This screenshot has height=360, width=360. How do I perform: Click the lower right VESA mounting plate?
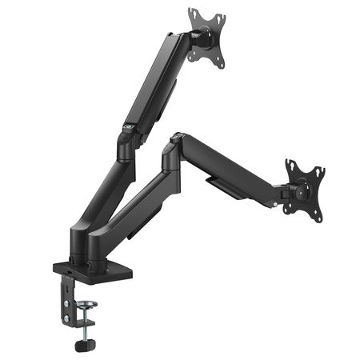(304, 189)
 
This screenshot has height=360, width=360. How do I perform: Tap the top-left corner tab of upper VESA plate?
(193, 14)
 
